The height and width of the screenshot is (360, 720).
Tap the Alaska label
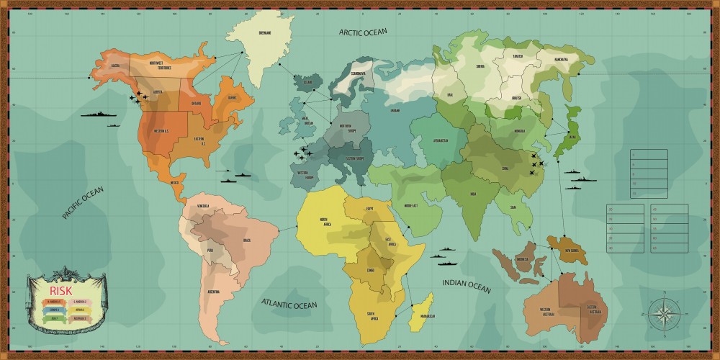(114, 64)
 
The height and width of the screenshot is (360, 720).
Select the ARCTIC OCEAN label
(364, 31)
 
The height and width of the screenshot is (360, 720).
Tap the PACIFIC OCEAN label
(83, 202)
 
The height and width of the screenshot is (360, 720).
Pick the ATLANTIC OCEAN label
(289, 304)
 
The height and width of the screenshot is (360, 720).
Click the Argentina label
(213, 292)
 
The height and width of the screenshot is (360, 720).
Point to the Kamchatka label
(561, 59)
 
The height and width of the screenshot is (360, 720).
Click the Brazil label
(247, 239)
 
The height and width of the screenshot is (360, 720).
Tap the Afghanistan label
(441, 140)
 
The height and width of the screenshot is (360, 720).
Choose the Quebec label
(233, 98)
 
